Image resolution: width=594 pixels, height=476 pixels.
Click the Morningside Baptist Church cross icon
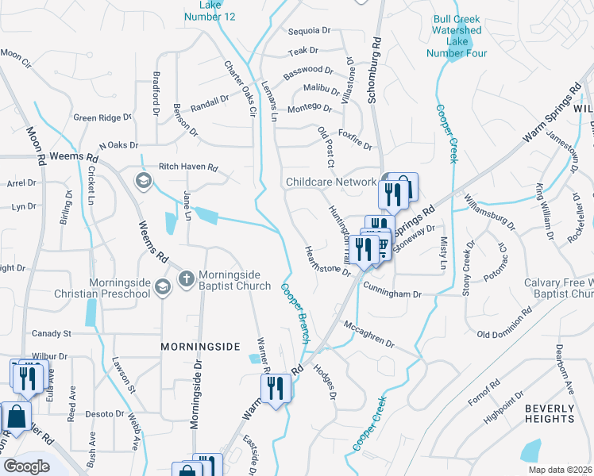(x=186, y=278)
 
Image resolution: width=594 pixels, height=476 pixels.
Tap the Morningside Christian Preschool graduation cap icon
(x=163, y=287)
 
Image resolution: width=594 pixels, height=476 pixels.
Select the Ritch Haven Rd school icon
(x=143, y=181)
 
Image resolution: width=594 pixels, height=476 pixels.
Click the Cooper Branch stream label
(x=295, y=313)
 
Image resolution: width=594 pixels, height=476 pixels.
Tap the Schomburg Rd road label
(x=374, y=66)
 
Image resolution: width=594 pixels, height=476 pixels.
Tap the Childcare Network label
(x=331, y=182)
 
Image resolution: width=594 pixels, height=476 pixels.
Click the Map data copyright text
(x=559, y=470)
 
